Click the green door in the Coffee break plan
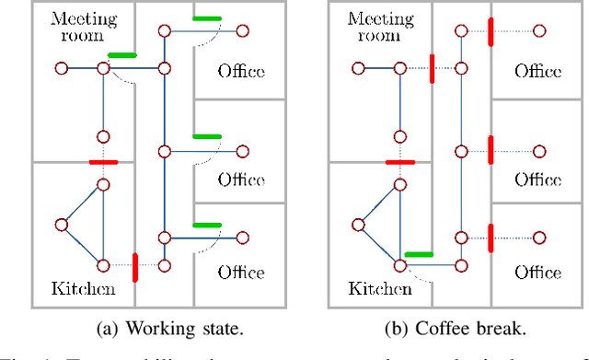419,253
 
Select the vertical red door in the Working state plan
135,267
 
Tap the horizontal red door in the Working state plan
103,162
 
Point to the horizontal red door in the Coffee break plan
400,162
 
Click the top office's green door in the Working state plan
206,18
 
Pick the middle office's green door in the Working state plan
206,137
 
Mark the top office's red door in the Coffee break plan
491,31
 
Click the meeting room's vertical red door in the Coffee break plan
431,68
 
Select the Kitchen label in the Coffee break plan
381,289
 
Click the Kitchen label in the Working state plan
84,289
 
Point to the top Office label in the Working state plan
241,71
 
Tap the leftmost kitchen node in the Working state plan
61,224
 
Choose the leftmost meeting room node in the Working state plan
61,68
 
